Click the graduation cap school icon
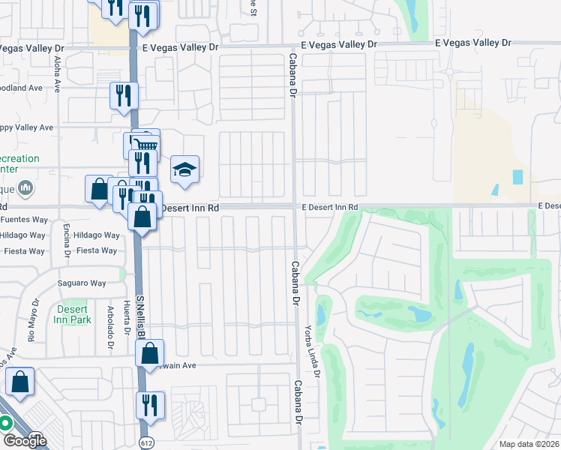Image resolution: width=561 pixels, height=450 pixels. click(184, 169)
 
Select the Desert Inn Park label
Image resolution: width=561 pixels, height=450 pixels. click(72, 314)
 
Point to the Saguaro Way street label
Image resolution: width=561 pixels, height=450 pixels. click(82, 283)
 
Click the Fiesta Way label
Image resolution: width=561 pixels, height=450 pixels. click(97, 250)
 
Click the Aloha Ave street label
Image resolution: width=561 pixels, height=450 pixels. click(58, 73)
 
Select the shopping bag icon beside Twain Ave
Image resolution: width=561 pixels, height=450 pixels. click(149, 351)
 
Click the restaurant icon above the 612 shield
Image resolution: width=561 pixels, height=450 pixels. click(149, 405)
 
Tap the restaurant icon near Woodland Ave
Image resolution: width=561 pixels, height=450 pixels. click(124, 95)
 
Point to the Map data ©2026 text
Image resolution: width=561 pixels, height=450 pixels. click(529, 444)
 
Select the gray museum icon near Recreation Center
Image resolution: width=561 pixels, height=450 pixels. click(25, 187)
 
